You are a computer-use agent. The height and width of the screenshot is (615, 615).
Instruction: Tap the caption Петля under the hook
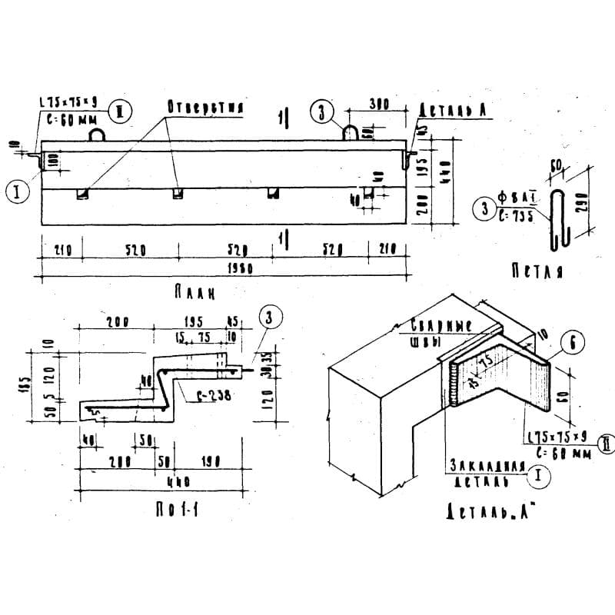[537, 271]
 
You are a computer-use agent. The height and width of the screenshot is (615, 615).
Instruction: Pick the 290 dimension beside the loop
[583, 204]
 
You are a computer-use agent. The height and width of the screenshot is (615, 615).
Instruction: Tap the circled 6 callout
[569, 344]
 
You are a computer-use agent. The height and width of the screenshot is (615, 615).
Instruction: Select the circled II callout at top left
[119, 111]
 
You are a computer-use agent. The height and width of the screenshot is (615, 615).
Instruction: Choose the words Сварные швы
[440, 332]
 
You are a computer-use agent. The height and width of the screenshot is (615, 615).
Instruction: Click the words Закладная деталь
[486, 472]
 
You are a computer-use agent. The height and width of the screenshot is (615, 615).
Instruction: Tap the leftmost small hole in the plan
[81, 194]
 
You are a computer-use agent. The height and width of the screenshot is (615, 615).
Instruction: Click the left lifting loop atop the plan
[98, 135]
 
